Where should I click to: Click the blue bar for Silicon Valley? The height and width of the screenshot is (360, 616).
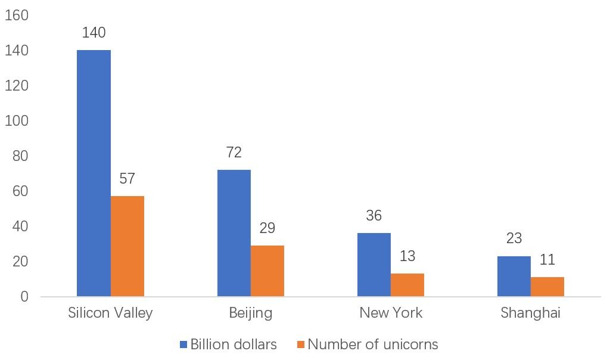click(x=94, y=173)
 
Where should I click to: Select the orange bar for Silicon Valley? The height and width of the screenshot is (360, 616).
click(x=127, y=246)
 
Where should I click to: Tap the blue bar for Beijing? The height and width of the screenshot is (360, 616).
click(x=234, y=233)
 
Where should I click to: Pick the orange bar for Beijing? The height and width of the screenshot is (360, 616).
click(x=267, y=271)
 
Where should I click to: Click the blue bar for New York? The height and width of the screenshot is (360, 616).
click(x=374, y=265)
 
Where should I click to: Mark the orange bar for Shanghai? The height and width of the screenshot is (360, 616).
click(x=547, y=287)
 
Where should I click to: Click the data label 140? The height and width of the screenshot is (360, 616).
click(x=94, y=33)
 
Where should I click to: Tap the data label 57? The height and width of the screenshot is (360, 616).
click(x=127, y=179)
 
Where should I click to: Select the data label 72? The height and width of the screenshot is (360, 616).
click(x=234, y=153)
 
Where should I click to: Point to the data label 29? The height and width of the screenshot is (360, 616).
click(x=267, y=228)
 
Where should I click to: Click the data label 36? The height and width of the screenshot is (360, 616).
click(x=374, y=216)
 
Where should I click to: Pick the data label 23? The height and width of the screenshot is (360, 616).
click(x=514, y=238)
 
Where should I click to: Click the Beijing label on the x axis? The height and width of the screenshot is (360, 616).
click(x=251, y=314)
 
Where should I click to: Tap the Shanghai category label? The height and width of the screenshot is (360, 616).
click(x=530, y=314)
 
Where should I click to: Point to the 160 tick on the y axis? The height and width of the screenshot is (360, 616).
click(x=17, y=16)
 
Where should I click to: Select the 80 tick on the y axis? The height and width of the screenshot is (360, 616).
click(x=20, y=156)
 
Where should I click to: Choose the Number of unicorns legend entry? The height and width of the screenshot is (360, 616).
click(x=367, y=345)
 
